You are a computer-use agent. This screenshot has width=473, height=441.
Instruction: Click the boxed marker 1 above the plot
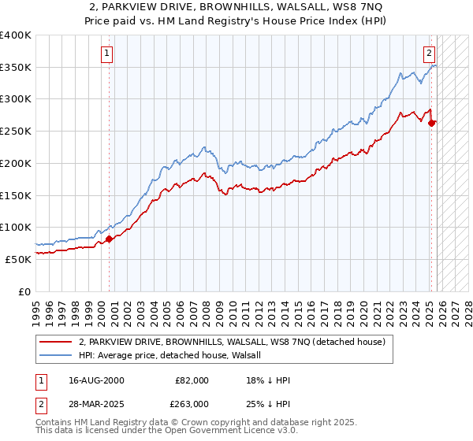[106, 54]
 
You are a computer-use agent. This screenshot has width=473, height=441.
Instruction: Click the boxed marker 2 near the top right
[429, 54]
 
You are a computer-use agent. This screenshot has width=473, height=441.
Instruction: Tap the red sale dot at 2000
[109, 239]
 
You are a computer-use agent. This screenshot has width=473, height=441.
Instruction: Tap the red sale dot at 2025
[432, 122]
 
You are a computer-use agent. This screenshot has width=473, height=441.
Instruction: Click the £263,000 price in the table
[192, 403]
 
